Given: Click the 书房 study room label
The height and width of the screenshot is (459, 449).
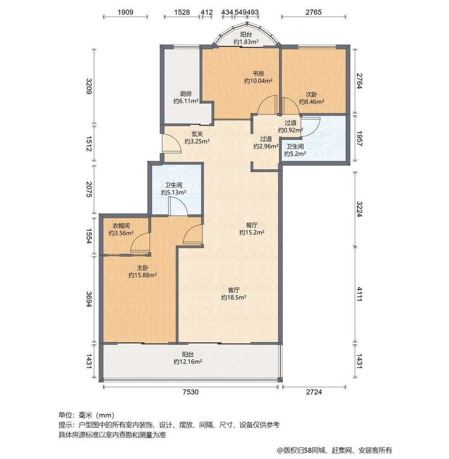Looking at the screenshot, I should (x=258, y=73).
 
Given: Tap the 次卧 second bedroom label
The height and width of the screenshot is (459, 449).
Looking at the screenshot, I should (x=311, y=95).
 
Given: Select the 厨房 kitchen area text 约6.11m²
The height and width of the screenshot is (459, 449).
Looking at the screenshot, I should (x=185, y=101).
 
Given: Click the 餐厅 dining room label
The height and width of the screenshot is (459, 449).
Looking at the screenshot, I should (x=251, y=225).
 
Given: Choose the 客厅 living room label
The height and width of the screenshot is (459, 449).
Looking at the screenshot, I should (x=234, y=290).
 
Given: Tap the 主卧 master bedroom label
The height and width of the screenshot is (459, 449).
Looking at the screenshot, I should (x=142, y=268).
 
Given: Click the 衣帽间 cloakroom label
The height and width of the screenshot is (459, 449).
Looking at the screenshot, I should (x=121, y=225).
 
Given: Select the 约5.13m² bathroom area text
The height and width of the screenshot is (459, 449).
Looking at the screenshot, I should (x=173, y=193).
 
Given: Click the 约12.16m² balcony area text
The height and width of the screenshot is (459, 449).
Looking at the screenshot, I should (x=188, y=362).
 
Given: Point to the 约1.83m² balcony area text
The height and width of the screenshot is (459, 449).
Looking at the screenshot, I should (x=246, y=42).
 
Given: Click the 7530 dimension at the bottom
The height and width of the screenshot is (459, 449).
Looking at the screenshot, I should (x=191, y=392).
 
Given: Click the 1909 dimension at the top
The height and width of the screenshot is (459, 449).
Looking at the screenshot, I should (x=125, y=12).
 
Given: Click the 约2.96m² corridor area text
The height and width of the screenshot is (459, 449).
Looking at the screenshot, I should (x=266, y=146).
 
